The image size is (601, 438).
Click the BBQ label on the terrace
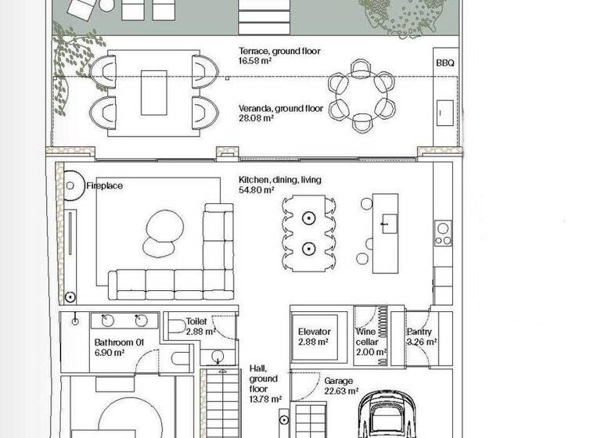(444, 63)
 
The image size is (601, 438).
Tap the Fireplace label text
(105, 186)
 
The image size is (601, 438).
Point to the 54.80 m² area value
(256, 190)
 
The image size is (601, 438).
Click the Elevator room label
(314, 332)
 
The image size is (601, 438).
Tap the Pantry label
(421, 332)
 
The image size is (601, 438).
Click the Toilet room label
(196, 321)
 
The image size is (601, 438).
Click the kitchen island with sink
(384, 233)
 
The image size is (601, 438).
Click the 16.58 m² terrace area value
(256, 61)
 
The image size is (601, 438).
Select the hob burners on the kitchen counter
(442, 234)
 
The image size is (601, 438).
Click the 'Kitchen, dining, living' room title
(279, 180)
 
